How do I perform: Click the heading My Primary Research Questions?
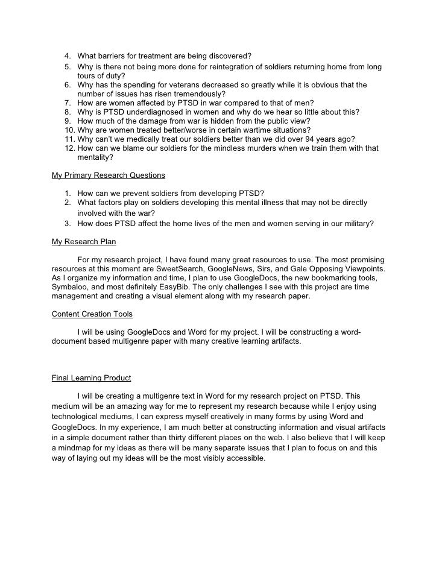(x=108, y=175)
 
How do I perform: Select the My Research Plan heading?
(x=84, y=242)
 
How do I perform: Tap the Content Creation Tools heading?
(x=92, y=314)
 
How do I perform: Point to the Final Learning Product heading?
(x=91, y=378)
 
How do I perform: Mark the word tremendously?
(x=191, y=94)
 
